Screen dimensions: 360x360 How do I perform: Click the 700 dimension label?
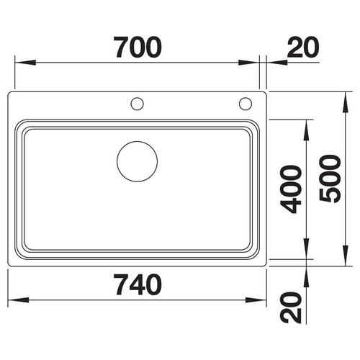click(x=138, y=48)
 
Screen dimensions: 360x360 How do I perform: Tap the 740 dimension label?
click(x=138, y=284)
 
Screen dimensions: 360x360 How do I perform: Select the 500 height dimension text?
click(x=330, y=179)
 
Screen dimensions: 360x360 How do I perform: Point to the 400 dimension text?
click(x=291, y=189)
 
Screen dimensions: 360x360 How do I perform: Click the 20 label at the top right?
click(x=303, y=48)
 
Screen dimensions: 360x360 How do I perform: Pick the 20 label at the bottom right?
click(x=291, y=307)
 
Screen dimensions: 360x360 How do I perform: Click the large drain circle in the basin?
click(x=138, y=141)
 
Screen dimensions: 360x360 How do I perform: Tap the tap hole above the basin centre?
click(x=138, y=98)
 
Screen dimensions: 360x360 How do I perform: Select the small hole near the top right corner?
click(x=246, y=98)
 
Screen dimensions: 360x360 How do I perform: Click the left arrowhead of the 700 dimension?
click(x=25, y=63)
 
